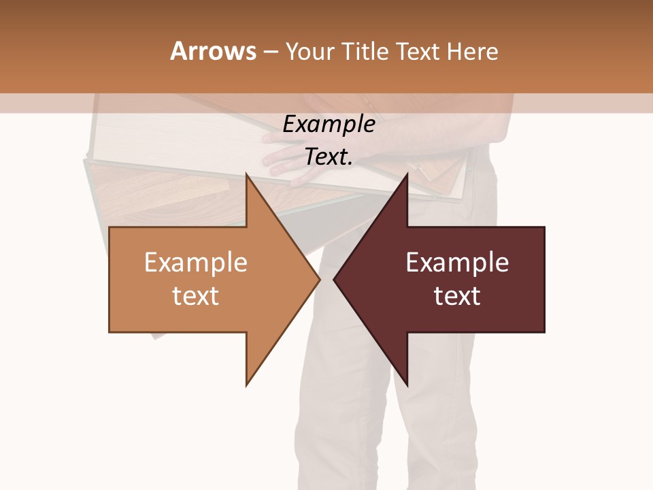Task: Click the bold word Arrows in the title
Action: pyautogui.click(x=213, y=51)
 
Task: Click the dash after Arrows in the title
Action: pyautogui.click(x=270, y=52)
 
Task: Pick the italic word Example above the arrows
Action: pyautogui.click(x=329, y=125)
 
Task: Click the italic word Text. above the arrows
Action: pyautogui.click(x=329, y=157)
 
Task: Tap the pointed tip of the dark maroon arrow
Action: pyautogui.click(x=335, y=279)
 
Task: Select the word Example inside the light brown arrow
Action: pyautogui.click(x=196, y=263)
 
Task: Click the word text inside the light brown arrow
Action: pyautogui.click(x=196, y=296)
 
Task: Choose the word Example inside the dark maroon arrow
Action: pyautogui.click(x=457, y=263)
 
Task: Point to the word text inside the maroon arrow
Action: pyautogui.click(x=457, y=296)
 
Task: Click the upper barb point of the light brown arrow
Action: pyautogui.click(x=247, y=175)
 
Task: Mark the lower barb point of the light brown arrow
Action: pyautogui.click(x=247, y=385)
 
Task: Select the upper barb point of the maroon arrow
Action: pyautogui.click(x=407, y=175)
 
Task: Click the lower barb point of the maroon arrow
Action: pyautogui.click(x=407, y=385)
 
